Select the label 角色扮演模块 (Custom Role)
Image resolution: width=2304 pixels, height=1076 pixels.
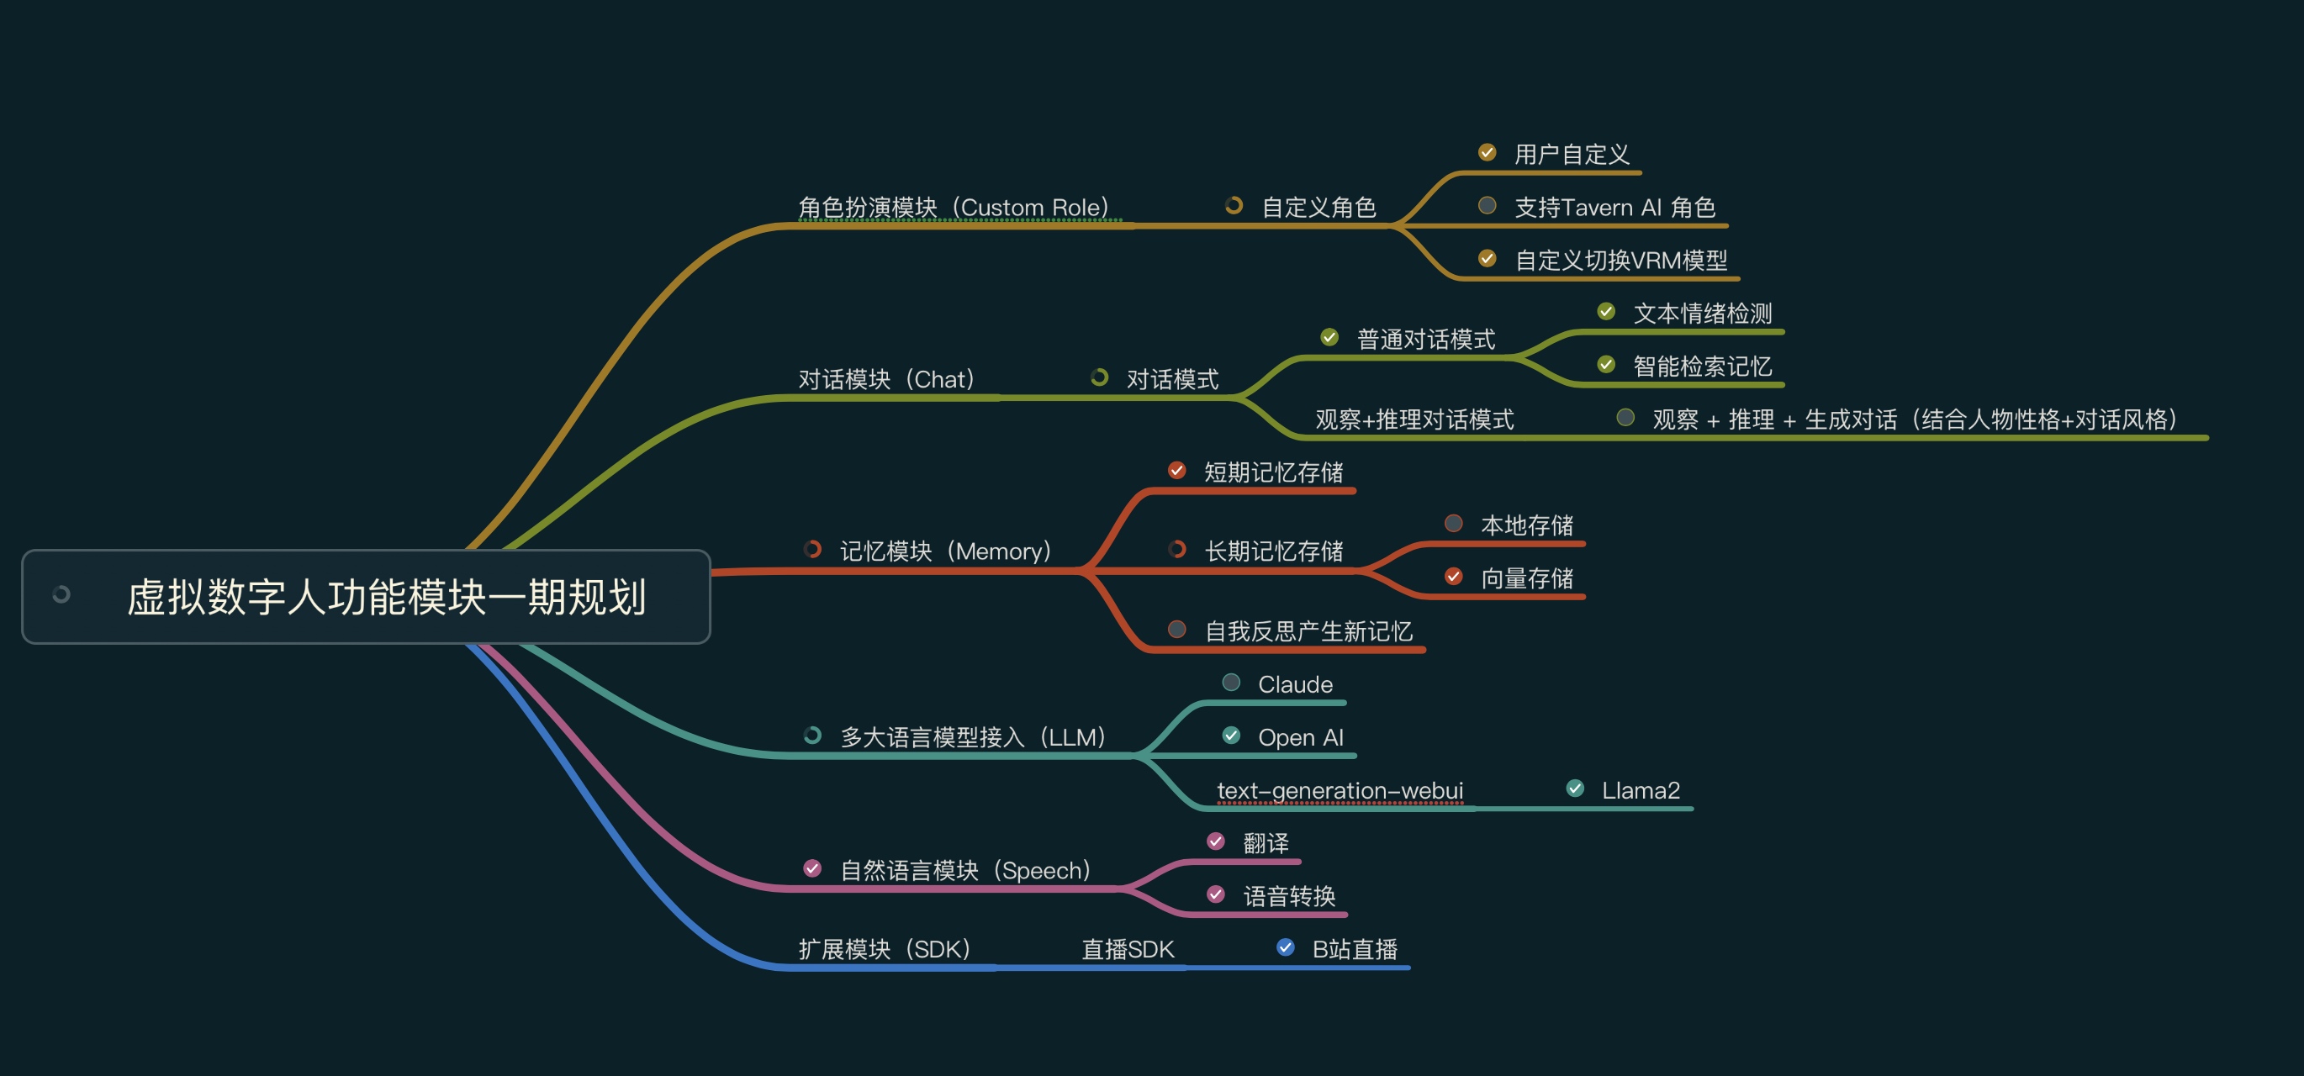click(954, 208)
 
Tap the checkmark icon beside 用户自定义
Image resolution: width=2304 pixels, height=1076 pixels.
click(1488, 153)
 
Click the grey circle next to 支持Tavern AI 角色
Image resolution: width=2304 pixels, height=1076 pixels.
click(1488, 207)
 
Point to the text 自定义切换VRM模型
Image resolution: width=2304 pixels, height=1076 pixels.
click(1620, 261)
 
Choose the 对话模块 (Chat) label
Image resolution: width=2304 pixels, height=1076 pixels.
click(886, 379)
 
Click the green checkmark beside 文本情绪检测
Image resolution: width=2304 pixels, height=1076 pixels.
click(1606, 312)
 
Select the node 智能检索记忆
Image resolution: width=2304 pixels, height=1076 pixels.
click(1702, 366)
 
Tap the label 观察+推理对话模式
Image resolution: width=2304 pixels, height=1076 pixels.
click(1414, 419)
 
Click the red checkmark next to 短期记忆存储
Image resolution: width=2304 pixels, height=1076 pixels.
click(1177, 471)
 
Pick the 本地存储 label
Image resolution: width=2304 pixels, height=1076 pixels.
click(1527, 525)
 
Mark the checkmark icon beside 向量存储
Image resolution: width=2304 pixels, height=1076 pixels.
click(1453, 577)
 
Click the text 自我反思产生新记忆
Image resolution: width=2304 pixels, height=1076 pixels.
click(1308, 631)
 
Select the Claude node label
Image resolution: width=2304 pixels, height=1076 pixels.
click(1295, 684)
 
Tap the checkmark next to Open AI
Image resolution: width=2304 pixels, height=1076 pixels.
click(1232, 736)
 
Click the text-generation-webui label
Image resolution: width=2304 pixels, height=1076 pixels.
click(1340, 791)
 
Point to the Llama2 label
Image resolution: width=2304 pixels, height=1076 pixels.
click(1641, 791)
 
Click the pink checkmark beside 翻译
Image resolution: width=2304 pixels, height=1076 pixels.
click(1216, 841)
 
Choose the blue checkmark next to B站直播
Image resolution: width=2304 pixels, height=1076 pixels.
click(1285, 948)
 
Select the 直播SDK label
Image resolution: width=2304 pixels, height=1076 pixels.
click(1128, 949)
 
